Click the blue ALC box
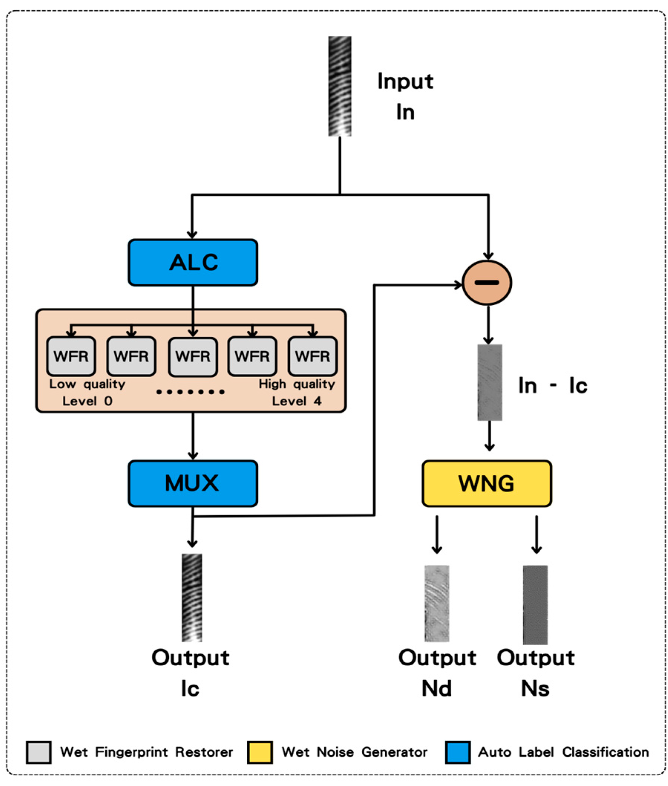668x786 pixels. point(193,262)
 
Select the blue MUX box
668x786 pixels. point(193,484)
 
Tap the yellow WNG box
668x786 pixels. point(487,484)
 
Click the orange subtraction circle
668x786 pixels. point(487,283)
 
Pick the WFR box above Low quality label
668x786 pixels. point(71,356)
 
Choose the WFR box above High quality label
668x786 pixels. point(312,356)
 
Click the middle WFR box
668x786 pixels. point(193,356)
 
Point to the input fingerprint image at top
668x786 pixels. point(340,87)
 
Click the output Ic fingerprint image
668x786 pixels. point(191,598)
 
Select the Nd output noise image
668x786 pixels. point(437,604)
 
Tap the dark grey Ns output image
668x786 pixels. point(535,604)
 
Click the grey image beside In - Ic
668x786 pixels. point(489,382)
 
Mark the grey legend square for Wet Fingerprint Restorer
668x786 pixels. point(39,752)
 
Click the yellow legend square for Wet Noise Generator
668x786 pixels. point(260,752)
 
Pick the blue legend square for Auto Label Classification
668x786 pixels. point(458,752)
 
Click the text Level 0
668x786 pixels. point(88,401)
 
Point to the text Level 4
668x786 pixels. point(297,401)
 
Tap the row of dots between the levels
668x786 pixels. point(190,392)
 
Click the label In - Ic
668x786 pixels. point(553,386)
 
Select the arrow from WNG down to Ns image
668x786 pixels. point(536,534)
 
